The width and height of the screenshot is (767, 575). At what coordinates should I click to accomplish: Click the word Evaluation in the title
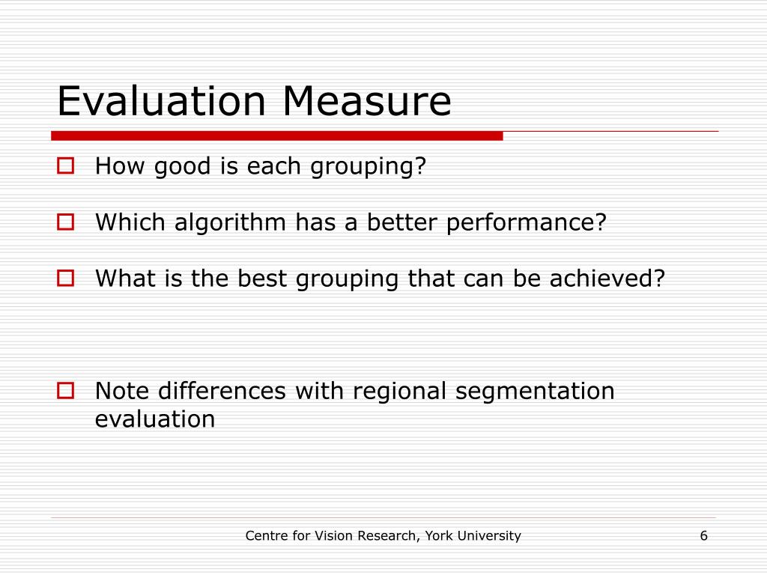(x=162, y=101)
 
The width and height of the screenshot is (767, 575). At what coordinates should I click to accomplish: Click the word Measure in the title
(x=367, y=101)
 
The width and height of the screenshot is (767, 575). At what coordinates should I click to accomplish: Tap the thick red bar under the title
(x=277, y=136)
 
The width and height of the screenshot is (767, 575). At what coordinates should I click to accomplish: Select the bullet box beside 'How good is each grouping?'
(x=66, y=165)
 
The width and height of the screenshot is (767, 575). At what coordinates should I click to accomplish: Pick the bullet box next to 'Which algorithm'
(x=66, y=222)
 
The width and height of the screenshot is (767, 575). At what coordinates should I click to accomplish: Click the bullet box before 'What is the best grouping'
(x=66, y=279)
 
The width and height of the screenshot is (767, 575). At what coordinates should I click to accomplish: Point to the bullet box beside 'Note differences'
(x=66, y=391)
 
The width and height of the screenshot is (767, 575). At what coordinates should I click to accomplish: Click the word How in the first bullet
(x=120, y=165)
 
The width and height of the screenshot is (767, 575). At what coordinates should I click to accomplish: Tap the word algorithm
(x=230, y=223)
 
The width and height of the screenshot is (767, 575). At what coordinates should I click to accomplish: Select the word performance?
(x=527, y=223)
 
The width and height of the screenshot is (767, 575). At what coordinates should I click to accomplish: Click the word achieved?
(x=607, y=279)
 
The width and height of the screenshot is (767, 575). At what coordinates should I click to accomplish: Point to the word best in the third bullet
(x=262, y=279)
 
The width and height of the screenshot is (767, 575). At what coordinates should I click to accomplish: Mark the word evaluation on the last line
(x=155, y=419)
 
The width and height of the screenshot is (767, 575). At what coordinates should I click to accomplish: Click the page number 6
(x=704, y=536)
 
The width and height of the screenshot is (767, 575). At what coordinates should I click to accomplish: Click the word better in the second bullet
(x=402, y=222)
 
